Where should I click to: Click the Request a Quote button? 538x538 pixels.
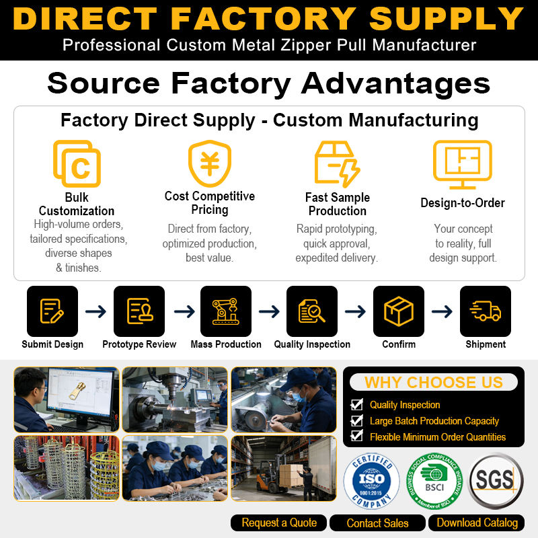tap(278, 523)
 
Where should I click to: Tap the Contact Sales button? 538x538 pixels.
tap(377, 523)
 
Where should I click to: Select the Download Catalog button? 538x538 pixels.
tap(477, 523)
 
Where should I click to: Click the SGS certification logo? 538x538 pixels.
tap(496, 480)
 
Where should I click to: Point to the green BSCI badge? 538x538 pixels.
tap(434, 481)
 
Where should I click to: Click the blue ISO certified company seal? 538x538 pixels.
tap(372, 481)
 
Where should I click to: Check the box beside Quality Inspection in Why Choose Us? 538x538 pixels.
tap(357, 405)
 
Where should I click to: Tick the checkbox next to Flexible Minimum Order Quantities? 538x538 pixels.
tap(357, 436)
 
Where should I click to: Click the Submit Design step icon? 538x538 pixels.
tap(52, 311)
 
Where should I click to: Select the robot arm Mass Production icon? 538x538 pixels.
tap(226, 311)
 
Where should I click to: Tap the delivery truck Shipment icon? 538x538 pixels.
tap(486, 311)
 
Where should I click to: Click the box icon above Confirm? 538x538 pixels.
tap(399, 311)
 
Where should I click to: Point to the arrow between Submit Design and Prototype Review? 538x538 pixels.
tap(95, 311)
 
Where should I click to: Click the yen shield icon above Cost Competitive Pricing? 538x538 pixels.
tap(210, 163)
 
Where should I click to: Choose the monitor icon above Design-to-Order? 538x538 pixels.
tap(463, 165)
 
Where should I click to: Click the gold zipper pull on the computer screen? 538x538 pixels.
tap(77, 391)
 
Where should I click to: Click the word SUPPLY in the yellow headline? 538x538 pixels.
tap(446, 19)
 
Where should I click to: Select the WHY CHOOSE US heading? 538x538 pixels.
tap(433, 382)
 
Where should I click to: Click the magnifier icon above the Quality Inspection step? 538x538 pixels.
tap(312, 311)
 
